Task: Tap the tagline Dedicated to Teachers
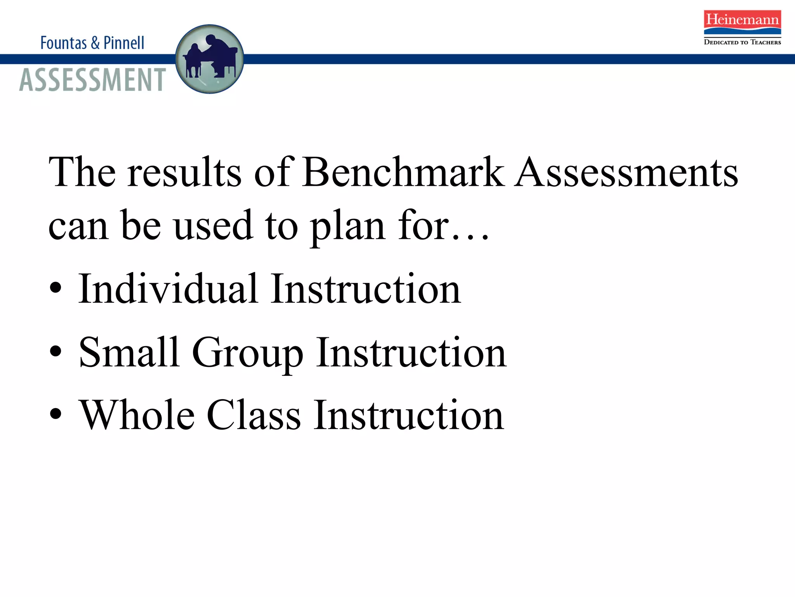pyautogui.click(x=742, y=42)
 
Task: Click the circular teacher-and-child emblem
pyautogui.click(x=210, y=59)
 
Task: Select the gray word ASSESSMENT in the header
pyautogui.click(x=92, y=80)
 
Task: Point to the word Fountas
pyautogui.click(x=64, y=43)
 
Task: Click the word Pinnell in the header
pyautogui.click(x=124, y=43)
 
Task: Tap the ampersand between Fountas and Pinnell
pyautogui.click(x=95, y=43)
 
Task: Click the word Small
pyautogui.click(x=129, y=352)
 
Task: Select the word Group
pyautogui.click(x=248, y=353)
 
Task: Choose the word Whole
pyautogui.click(x=137, y=415)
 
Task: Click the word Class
pyautogui.click(x=254, y=415)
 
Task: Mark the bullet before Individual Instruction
pyautogui.click(x=56, y=288)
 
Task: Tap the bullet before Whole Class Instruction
pyautogui.click(x=56, y=414)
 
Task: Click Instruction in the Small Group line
pyautogui.click(x=411, y=352)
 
